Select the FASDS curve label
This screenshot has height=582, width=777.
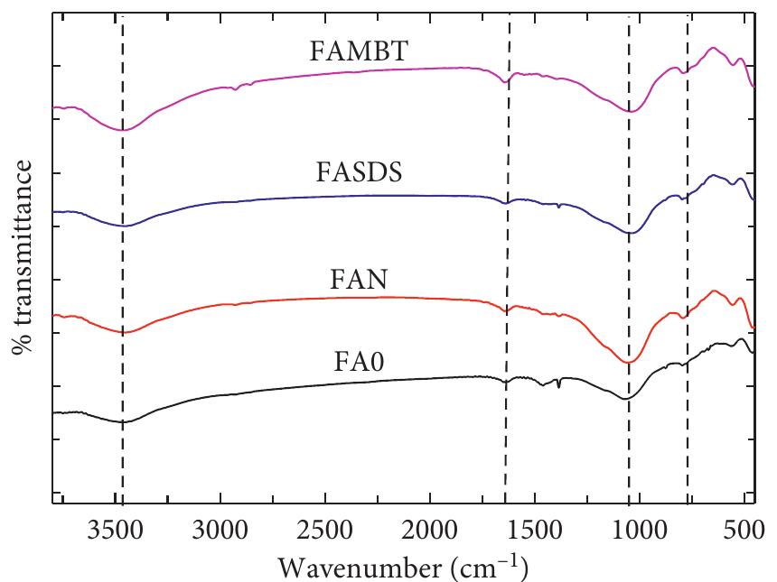[x=359, y=172]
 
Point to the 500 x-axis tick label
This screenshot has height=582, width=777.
[x=743, y=529]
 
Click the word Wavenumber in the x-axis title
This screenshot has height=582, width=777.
[x=356, y=566]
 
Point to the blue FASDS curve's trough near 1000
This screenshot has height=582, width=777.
[x=630, y=233]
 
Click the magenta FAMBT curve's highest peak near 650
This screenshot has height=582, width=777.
[x=713, y=47]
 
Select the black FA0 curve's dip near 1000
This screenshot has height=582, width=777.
[x=624, y=399]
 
